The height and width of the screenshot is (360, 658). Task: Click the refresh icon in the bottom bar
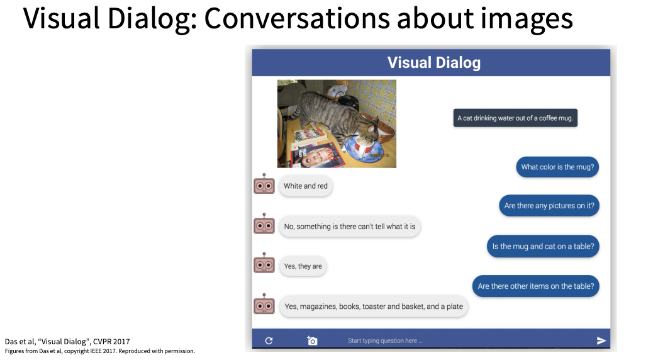[x=269, y=340]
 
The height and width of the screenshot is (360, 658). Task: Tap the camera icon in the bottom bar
[x=312, y=340]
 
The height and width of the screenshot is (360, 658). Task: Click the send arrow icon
[x=601, y=340]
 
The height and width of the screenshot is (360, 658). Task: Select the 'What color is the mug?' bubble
[x=557, y=167]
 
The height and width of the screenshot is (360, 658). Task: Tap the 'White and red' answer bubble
[x=306, y=186]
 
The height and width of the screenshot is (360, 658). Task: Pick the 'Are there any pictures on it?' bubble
[x=549, y=206]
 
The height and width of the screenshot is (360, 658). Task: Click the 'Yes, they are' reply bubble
[x=303, y=266]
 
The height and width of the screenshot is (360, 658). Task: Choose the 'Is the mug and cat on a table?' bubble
[x=543, y=247]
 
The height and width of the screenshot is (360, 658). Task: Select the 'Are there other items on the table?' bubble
[x=536, y=286]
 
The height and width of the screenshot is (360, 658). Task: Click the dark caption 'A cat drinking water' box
[x=515, y=118]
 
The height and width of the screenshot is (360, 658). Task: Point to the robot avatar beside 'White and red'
[x=264, y=184]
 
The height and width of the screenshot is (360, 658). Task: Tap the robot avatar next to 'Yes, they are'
[x=264, y=263]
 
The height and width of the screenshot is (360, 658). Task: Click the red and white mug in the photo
[x=363, y=148]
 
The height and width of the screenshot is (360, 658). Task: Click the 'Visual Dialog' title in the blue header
[x=434, y=62]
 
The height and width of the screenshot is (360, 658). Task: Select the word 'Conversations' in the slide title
[x=297, y=18]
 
